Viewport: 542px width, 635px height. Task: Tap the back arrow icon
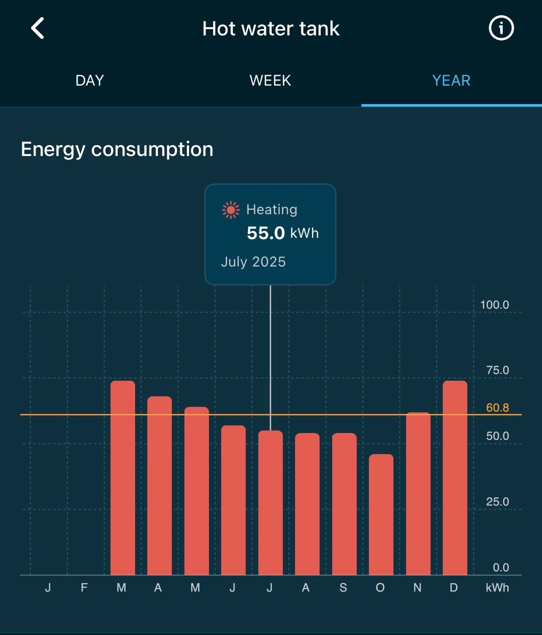[x=38, y=28]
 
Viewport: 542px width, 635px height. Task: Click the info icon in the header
[x=501, y=28]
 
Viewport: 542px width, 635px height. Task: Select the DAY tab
[x=89, y=81]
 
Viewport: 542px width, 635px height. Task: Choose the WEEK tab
[x=270, y=81]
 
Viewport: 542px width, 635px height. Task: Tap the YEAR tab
[x=451, y=81]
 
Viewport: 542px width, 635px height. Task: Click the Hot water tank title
[x=271, y=29]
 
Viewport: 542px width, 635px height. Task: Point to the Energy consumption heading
[x=117, y=149]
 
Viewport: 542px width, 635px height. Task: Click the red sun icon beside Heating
[x=230, y=210]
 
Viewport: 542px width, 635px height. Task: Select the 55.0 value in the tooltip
[x=266, y=233]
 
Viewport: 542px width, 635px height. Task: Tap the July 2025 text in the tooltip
[x=253, y=262]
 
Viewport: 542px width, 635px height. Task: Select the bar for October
[x=381, y=514]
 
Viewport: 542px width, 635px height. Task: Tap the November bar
[x=418, y=493]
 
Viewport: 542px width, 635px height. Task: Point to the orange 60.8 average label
[x=497, y=408]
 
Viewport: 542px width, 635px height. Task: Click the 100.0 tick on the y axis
[x=494, y=305]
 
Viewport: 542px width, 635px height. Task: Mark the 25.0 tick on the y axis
[x=497, y=502]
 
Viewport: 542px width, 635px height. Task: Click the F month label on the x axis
[x=84, y=588]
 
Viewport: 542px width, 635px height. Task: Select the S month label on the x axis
[x=343, y=588]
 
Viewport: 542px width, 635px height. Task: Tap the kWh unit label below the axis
[x=497, y=588]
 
